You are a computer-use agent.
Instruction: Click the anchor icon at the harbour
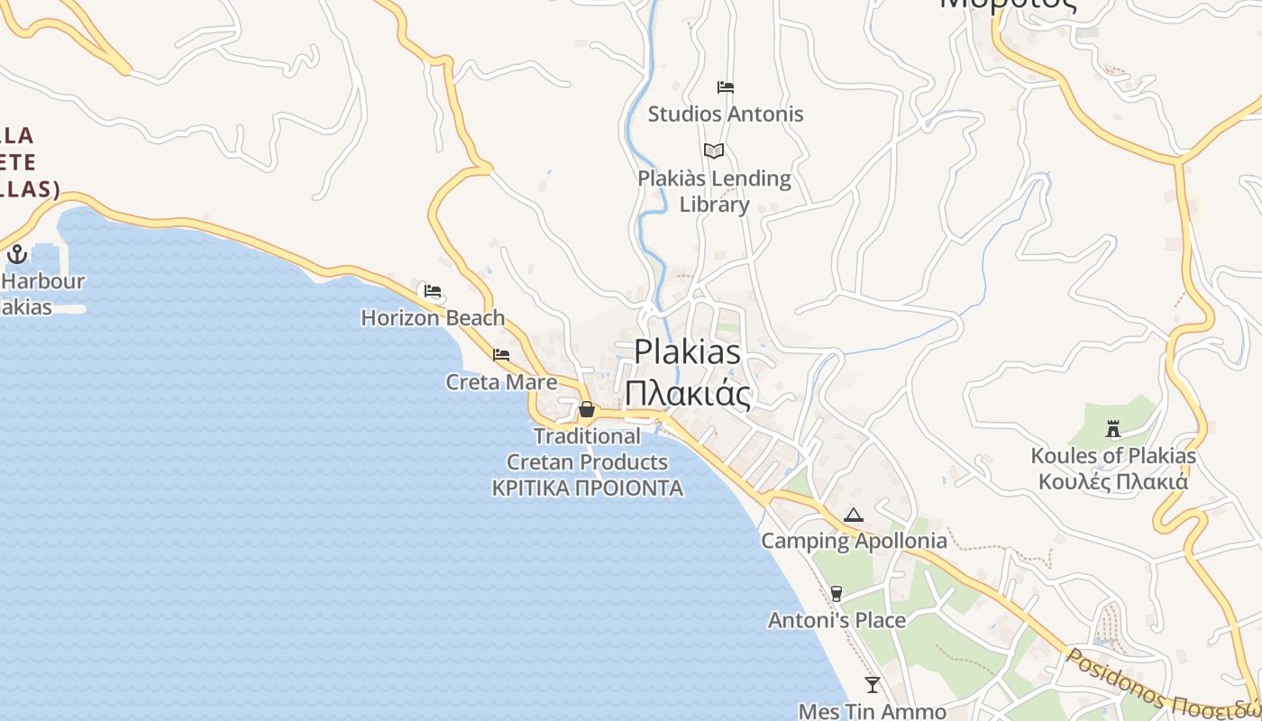16,254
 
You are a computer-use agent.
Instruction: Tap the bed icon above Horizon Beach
433,291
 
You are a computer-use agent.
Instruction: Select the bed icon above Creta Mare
501,355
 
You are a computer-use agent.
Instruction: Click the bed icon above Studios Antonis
726,87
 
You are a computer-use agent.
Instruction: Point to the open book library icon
714,151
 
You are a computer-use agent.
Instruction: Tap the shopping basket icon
587,410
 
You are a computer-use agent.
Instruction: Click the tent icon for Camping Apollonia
854,516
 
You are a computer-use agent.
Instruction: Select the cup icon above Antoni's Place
837,593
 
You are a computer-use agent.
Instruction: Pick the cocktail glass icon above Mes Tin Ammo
872,685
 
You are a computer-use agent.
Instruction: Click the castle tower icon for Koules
1113,429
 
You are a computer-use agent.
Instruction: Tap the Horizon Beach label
433,318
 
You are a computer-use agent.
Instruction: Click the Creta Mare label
501,382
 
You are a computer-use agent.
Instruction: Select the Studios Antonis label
726,114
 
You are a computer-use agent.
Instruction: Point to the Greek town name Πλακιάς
688,394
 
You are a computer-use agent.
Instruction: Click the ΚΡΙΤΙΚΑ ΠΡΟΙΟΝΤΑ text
587,488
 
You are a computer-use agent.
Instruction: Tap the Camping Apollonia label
854,542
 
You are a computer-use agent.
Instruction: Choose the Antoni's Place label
837,621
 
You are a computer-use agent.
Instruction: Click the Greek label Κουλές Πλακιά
1113,482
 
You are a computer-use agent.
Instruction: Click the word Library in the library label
714,205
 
